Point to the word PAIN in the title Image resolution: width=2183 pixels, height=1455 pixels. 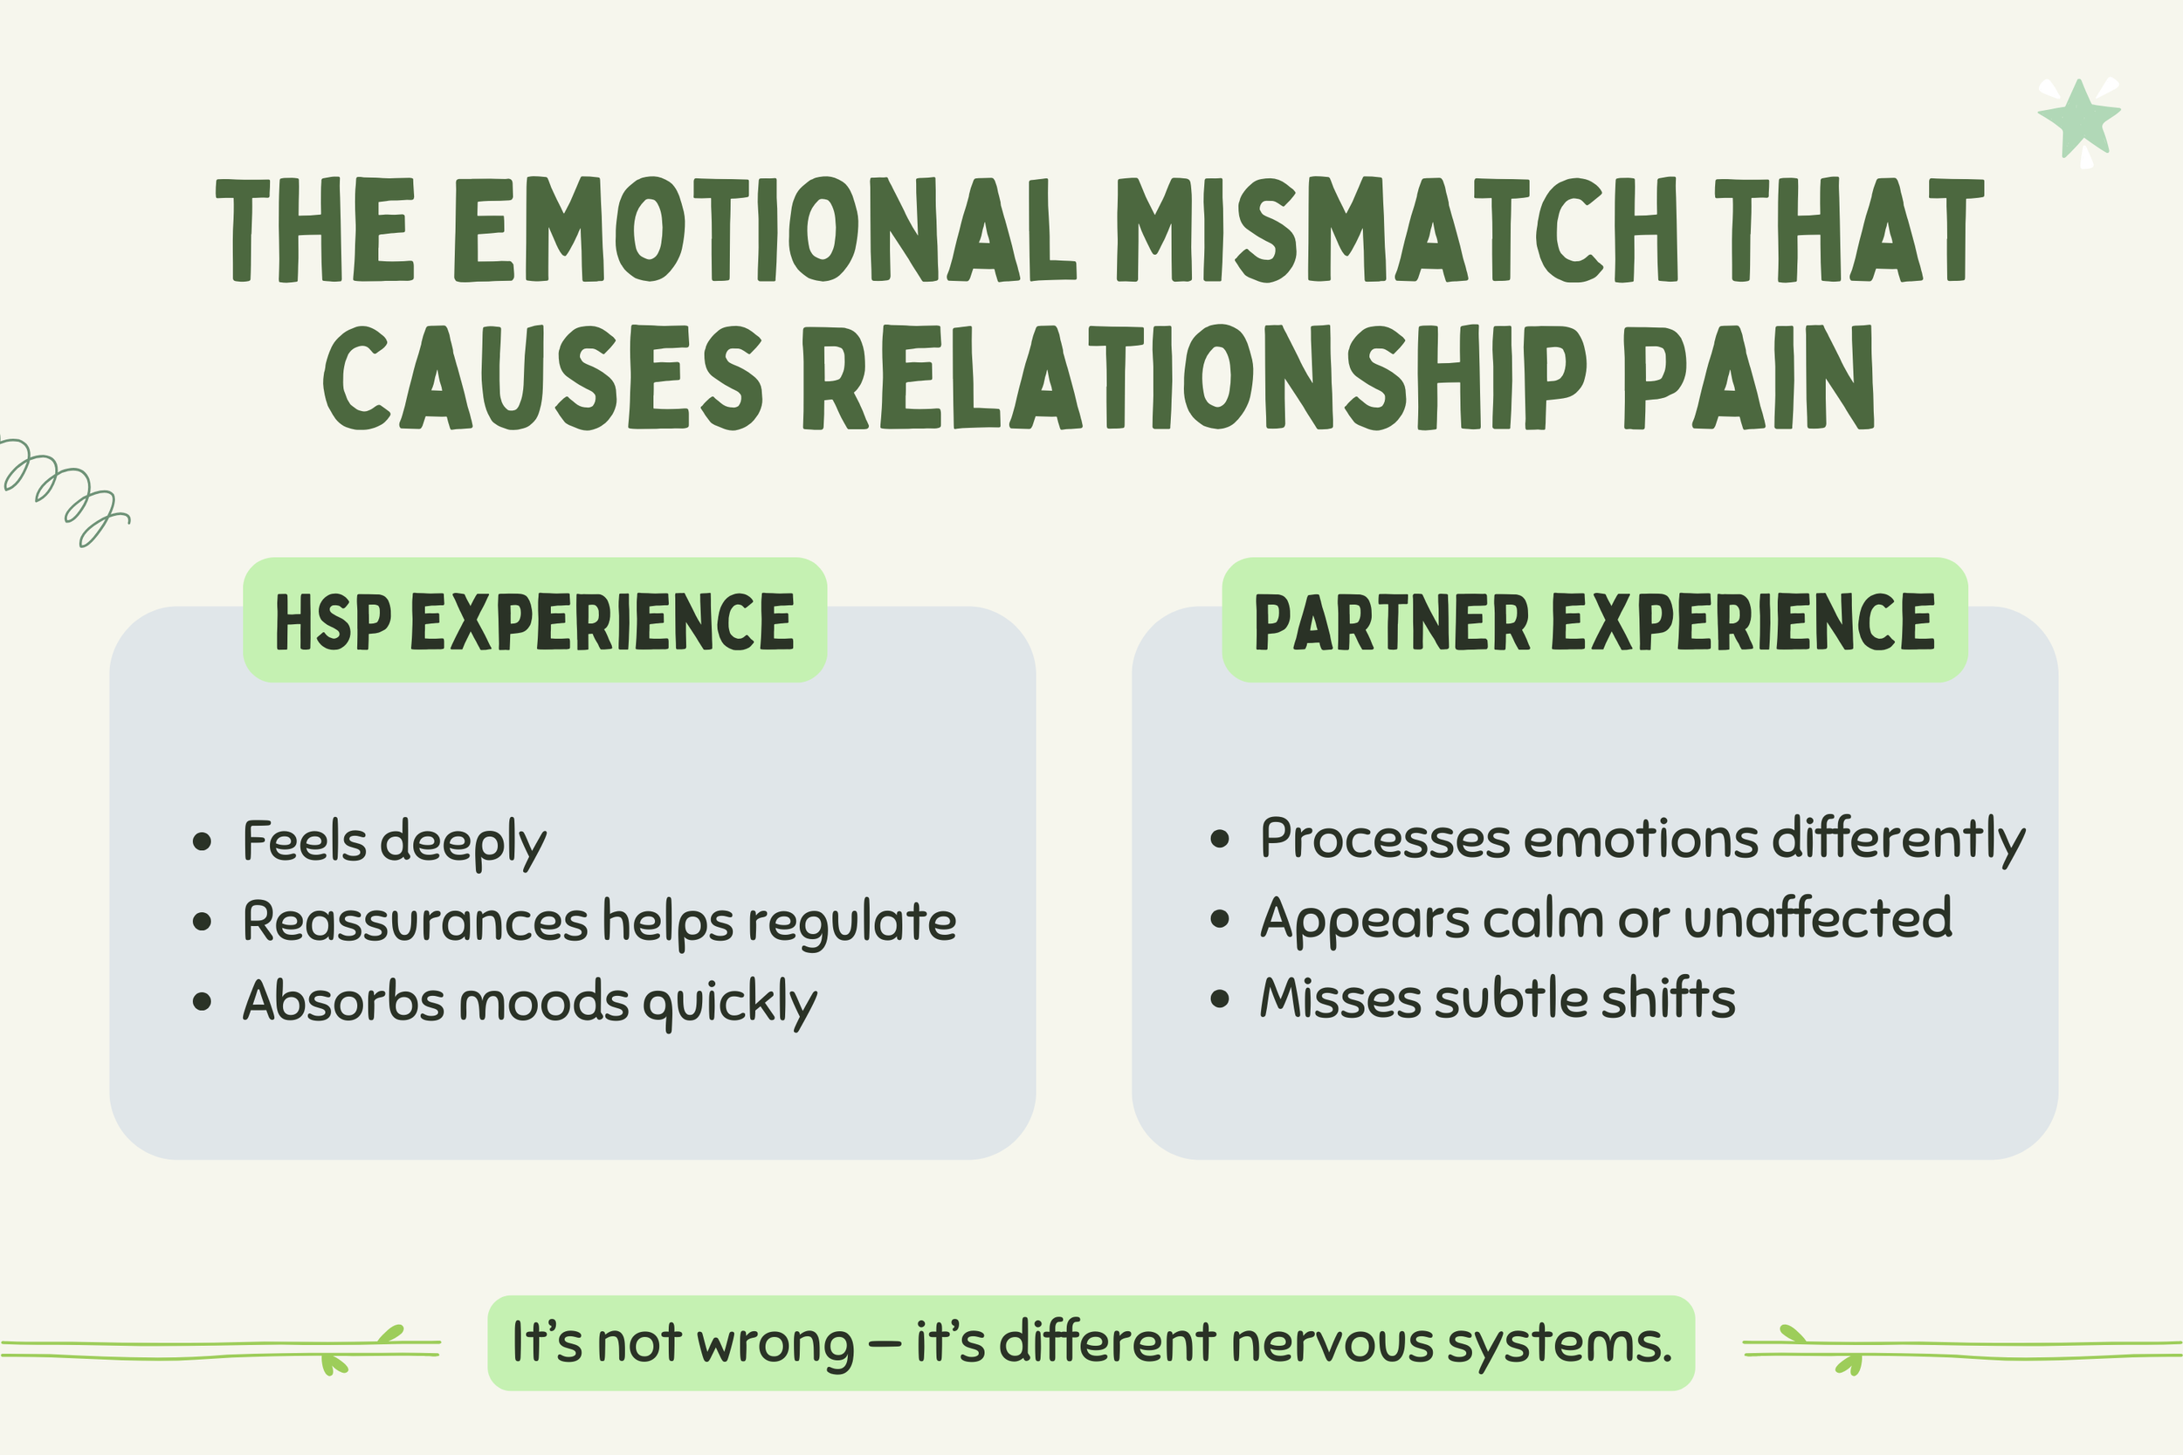click(x=1749, y=378)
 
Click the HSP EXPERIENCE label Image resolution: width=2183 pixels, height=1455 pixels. click(x=534, y=621)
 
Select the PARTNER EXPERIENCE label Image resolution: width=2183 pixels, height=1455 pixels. click(x=1594, y=621)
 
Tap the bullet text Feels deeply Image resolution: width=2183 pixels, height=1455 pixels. click(x=395, y=841)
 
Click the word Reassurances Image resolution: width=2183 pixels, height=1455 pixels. click(x=415, y=922)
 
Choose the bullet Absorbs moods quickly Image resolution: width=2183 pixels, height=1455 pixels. click(x=530, y=1001)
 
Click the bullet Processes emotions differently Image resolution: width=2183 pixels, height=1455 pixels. click(x=1642, y=839)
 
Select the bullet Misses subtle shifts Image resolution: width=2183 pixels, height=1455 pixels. click(x=1497, y=999)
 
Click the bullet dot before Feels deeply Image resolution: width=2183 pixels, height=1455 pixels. click(x=202, y=842)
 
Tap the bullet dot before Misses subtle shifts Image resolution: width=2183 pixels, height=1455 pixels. click(x=1220, y=999)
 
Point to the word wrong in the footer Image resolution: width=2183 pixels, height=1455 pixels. click(x=775, y=1342)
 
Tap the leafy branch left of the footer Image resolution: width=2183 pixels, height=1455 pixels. click(x=223, y=1349)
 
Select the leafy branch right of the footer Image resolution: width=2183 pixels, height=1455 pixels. click(x=1959, y=1349)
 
